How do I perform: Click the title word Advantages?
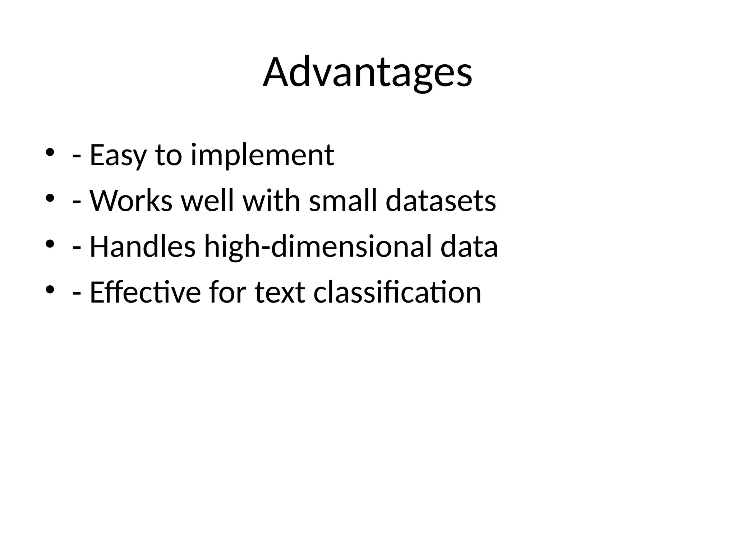367,73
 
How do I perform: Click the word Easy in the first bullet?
118,155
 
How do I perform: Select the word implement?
262,155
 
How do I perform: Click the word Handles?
143,247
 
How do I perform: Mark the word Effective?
145,293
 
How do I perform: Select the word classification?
397,293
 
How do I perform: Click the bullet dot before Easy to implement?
50,152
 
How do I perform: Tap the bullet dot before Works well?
50,198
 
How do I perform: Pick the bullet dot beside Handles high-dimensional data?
50,244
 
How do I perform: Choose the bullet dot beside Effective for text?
50,290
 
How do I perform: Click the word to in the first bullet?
169,155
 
